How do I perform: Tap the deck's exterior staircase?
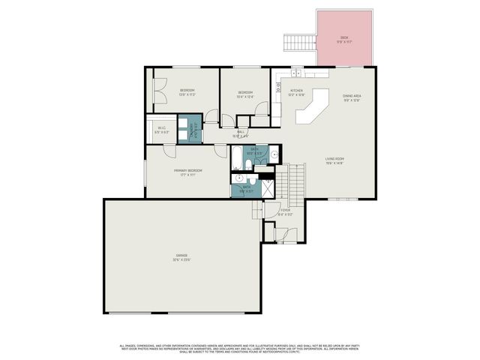(300, 43)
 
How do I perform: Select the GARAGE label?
(182, 256)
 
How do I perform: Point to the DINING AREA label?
(352, 95)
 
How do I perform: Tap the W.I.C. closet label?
(162, 128)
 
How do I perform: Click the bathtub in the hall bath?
(237, 159)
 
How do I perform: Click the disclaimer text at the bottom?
(240, 348)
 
